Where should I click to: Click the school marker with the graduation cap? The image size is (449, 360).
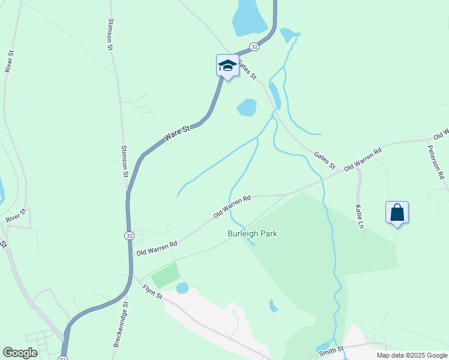[228, 65]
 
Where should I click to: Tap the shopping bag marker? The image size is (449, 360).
[397, 212]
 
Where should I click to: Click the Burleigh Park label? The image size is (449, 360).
[252, 233]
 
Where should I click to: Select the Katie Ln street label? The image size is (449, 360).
[360, 217]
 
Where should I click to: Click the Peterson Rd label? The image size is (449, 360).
[436, 162]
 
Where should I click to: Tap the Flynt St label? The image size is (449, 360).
[152, 292]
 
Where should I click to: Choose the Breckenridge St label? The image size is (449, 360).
[120, 325]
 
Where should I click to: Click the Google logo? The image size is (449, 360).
[20, 353]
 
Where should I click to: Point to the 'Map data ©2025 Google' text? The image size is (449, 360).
[412, 355]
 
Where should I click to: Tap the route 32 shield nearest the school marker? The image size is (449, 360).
[255, 46]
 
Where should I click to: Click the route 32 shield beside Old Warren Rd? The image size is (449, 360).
[130, 236]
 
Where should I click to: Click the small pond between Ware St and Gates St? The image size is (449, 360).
[247, 107]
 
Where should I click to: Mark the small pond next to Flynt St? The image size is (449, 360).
[182, 288]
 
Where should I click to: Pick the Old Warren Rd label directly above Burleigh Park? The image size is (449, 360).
[232, 206]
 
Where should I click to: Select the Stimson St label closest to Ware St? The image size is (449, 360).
[125, 161]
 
